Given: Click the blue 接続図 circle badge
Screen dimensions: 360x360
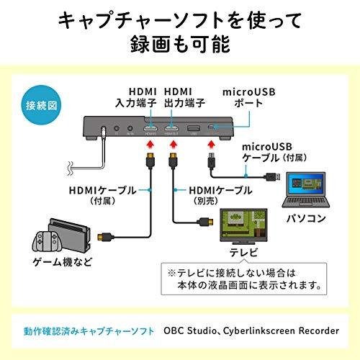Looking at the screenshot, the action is click(42, 105).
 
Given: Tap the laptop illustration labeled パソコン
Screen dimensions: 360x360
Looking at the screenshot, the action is click(306, 190).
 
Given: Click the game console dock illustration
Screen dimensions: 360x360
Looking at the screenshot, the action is click(62, 236).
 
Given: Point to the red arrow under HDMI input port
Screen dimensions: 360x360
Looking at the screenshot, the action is click(150, 145).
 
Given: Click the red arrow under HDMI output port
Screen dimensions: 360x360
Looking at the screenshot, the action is click(174, 145).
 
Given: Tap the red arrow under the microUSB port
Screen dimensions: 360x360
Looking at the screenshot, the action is click(211, 145).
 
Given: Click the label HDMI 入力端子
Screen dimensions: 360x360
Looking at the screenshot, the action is click(136, 97).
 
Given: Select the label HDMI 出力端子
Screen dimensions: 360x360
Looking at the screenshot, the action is click(184, 97).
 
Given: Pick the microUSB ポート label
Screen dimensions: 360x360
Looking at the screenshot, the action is click(249, 97).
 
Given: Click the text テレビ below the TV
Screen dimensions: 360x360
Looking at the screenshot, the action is click(243, 253).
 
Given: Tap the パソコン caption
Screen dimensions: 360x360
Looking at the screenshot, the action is click(306, 218).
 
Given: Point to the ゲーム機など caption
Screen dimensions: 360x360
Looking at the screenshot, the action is click(63, 261).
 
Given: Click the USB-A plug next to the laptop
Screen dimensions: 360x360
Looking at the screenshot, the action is click(272, 177).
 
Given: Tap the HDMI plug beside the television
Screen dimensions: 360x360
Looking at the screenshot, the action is click(204, 222).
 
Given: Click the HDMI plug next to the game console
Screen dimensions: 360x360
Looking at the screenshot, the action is click(105, 237).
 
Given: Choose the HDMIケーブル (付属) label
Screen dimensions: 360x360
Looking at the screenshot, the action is click(102, 195).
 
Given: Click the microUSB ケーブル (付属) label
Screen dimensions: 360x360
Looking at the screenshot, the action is click(274, 152).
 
